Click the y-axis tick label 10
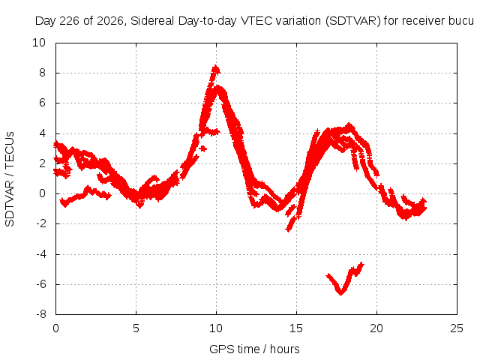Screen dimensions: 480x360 click(x=39, y=43)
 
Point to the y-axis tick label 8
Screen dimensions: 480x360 click(x=42, y=73)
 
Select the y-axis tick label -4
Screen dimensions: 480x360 click(x=40, y=254)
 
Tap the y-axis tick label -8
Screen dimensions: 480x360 click(x=40, y=314)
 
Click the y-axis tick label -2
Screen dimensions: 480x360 click(x=40, y=223)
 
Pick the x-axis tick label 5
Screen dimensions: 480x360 click(x=136, y=328)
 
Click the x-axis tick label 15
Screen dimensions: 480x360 click(x=296, y=328)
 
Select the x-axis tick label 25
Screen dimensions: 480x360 click(x=457, y=328)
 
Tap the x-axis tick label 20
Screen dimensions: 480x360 click(x=376, y=328)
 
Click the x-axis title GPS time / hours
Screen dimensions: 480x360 click(x=254, y=349)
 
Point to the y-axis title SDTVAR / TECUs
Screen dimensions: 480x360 click(x=10, y=179)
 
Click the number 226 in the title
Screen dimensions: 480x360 click(x=70, y=21)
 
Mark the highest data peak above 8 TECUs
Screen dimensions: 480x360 click(x=216, y=67)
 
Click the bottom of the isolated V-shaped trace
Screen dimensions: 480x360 click(x=341, y=293)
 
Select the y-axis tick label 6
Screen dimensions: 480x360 click(x=42, y=103)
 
